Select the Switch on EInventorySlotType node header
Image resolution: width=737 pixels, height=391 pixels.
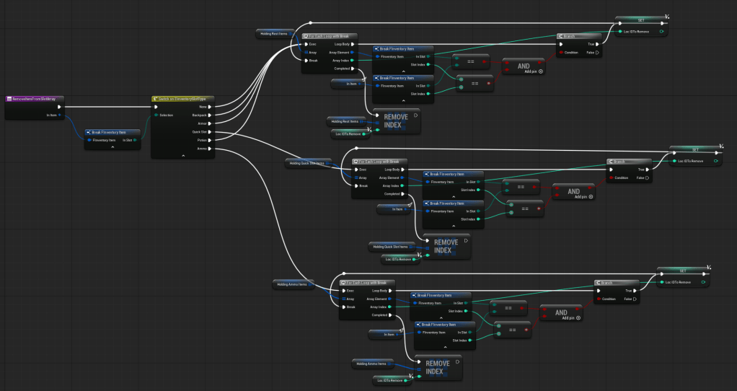coord(182,98)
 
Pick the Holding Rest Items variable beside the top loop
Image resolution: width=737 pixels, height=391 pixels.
coord(273,33)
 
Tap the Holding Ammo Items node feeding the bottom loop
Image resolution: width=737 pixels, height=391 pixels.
coord(292,284)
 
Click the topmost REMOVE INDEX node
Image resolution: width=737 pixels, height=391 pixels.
coord(396,120)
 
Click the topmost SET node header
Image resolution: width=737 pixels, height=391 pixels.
coord(640,19)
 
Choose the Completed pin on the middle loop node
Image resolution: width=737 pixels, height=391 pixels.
coord(391,193)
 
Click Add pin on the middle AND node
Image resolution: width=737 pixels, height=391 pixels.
coord(578,196)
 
